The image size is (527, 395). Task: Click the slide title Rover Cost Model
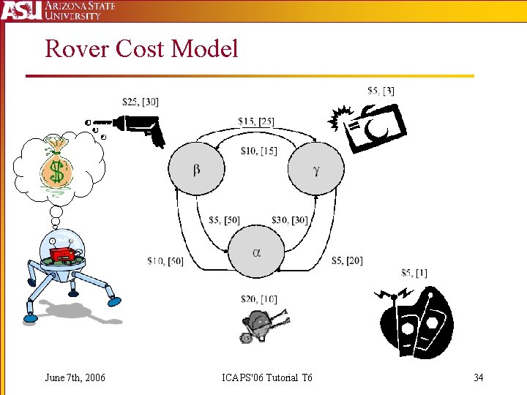(x=141, y=49)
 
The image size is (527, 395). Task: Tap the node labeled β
(x=197, y=169)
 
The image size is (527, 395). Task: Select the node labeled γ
(x=315, y=169)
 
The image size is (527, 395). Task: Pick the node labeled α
(x=256, y=252)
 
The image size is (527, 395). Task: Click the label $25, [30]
(x=141, y=102)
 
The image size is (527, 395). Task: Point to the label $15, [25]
(x=256, y=121)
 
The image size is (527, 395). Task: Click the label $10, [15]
(x=258, y=151)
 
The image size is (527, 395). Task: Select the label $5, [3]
(x=381, y=91)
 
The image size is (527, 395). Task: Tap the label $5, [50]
(x=224, y=220)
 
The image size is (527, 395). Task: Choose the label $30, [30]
(x=290, y=220)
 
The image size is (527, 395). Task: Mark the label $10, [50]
(x=165, y=260)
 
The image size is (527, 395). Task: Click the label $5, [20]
(x=346, y=260)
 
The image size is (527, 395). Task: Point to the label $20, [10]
(x=258, y=298)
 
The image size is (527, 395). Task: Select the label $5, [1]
(x=414, y=273)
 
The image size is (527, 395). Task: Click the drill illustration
(x=128, y=128)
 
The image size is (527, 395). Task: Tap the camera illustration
(x=370, y=127)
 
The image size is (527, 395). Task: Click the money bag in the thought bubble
(x=55, y=166)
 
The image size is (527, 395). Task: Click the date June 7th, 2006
(x=75, y=377)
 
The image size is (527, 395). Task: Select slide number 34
(x=479, y=377)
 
